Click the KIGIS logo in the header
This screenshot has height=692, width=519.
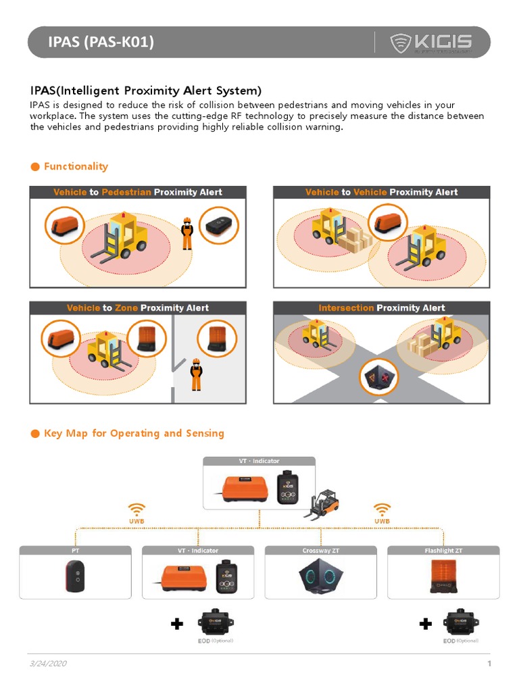pyautogui.click(x=431, y=43)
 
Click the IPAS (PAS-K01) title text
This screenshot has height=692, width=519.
pyautogui.click(x=101, y=43)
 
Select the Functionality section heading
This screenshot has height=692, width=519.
pyautogui.click(x=75, y=166)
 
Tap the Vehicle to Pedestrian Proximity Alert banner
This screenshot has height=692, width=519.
pyautogui.click(x=138, y=192)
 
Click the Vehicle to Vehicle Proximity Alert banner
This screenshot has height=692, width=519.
pyautogui.click(x=381, y=192)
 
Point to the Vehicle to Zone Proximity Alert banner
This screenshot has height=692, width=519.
pyautogui.click(x=138, y=307)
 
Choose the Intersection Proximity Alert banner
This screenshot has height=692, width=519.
pyautogui.click(x=381, y=307)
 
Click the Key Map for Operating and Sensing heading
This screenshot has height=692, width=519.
pyautogui.click(x=133, y=433)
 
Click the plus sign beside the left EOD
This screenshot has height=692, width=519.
pyautogui.click(x=177, y=624)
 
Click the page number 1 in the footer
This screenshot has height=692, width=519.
pyautogui.click(x=489, y=664)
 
